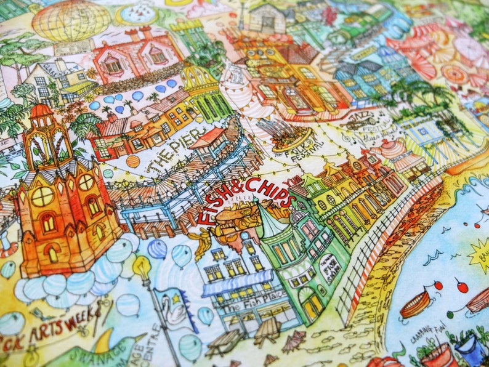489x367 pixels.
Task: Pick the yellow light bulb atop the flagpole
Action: point(141,266)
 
